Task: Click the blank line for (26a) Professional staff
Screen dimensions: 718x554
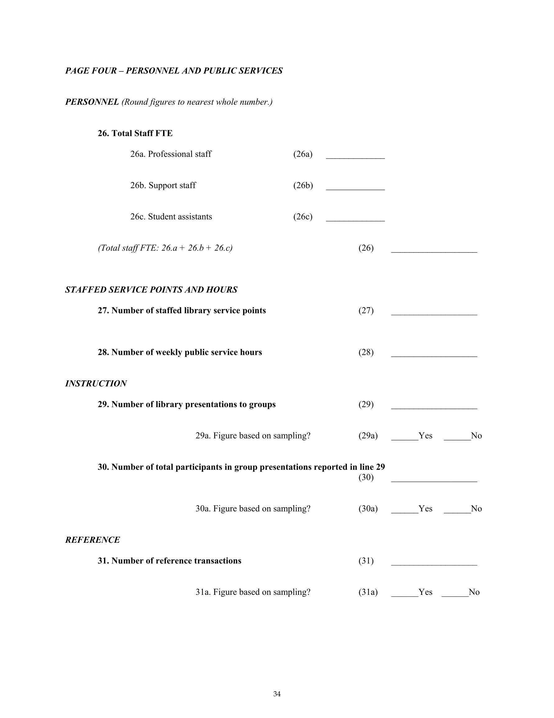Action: (x=355, y=157)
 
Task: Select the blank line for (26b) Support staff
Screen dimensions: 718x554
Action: (x=355, y=188)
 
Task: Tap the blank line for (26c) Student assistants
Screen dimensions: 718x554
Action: (x=355, y=220)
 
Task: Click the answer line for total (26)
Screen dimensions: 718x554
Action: (x=434, y=251)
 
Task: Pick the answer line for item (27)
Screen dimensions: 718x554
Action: (x=434, y=314)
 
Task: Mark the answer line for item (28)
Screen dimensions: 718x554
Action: (x=434, y=355)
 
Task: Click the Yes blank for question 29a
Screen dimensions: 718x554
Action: (x=405, y=438)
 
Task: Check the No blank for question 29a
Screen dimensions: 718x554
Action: (x=457, y=438)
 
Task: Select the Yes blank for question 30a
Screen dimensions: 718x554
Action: (x=405, y=512)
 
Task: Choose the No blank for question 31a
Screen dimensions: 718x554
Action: (x=455, y=595)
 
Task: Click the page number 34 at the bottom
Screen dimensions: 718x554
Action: (x=277, y=694)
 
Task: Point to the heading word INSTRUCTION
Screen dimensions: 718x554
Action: (x=96, y=384)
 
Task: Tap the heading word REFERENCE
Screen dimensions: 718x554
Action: (x=93, y=540)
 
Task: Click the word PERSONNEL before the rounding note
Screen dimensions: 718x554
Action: (x=92, y=102)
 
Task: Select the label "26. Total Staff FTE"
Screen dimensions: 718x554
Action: (x=135, y=133)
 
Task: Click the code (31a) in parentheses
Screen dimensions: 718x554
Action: (x=368, y=592)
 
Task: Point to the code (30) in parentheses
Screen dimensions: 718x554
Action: (x=366, y=477)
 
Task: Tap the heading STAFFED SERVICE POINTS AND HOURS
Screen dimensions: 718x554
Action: (x=151, y=290)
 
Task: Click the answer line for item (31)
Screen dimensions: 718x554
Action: (x=434, y=564)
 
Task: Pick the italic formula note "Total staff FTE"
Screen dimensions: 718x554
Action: (x=165, y=248)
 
